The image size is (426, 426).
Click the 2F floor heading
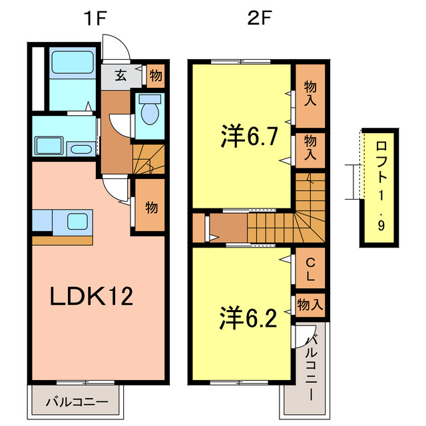coord(258,18)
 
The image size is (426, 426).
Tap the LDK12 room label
coord(92,296)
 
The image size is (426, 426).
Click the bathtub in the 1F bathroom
coord(74,63)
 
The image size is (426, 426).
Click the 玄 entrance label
coord(120,75)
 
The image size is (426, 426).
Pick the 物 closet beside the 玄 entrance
coord(154,75)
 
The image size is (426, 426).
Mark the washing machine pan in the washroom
coord(49,145)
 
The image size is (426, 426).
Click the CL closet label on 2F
coord(310,267)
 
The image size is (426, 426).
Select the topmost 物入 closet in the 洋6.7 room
coord(310,94)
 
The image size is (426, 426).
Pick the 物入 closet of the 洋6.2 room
coord(310,305)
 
